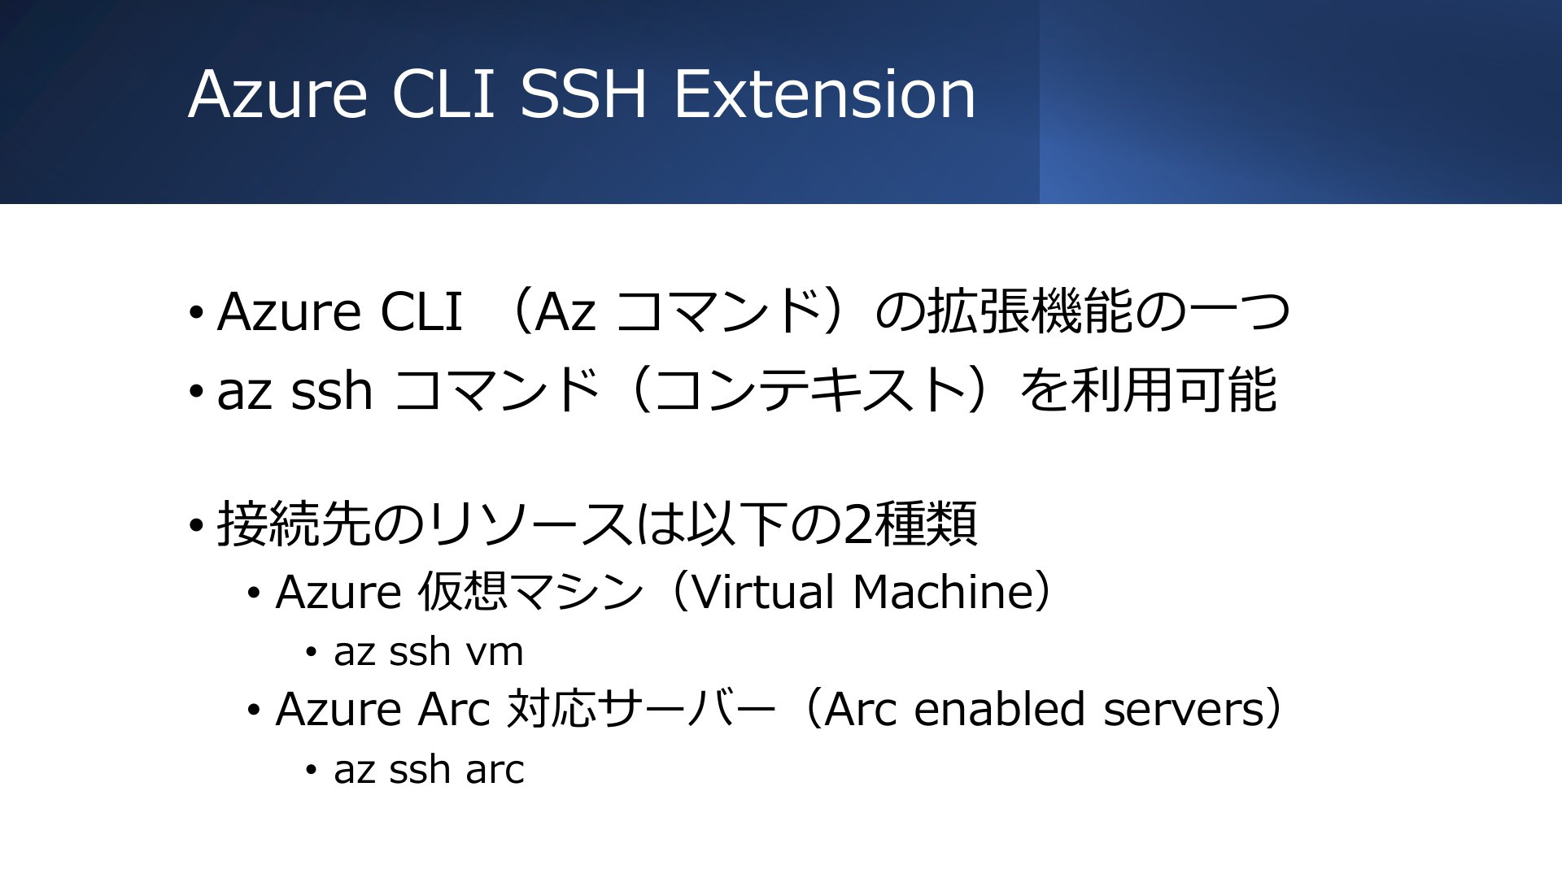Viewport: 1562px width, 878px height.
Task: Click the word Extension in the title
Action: (824, 94)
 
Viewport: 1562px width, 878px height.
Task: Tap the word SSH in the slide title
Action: (583, 94)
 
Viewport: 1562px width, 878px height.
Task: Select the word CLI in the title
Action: (443, 94)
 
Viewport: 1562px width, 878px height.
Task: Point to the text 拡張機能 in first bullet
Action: (1030, 311)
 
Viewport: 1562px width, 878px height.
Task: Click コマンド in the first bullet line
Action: (719, 311)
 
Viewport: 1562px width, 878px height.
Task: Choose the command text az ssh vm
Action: (429, 652)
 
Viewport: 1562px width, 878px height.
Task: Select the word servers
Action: (1182, 708)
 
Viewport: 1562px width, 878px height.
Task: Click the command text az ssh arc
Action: (429, 769)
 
